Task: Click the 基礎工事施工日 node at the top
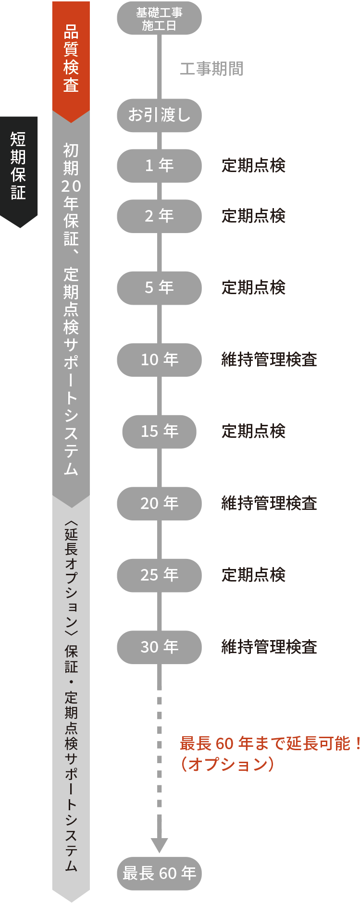159,19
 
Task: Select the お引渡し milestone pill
159,115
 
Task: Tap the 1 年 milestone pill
159,166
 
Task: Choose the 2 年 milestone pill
159,216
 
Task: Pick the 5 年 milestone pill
159,288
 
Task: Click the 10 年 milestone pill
159,359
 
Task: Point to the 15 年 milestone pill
159,432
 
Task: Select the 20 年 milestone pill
159,503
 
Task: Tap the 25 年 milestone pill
159,575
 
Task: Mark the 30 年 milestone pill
159,647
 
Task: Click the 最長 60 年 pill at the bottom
159,873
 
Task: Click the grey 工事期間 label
211,69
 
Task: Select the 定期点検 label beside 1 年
253,166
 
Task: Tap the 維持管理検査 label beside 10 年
269,359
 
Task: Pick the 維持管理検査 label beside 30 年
269,647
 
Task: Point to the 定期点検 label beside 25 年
253,575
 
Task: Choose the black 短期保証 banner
19,166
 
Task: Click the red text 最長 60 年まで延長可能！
269,743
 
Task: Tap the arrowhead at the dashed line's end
159,845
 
